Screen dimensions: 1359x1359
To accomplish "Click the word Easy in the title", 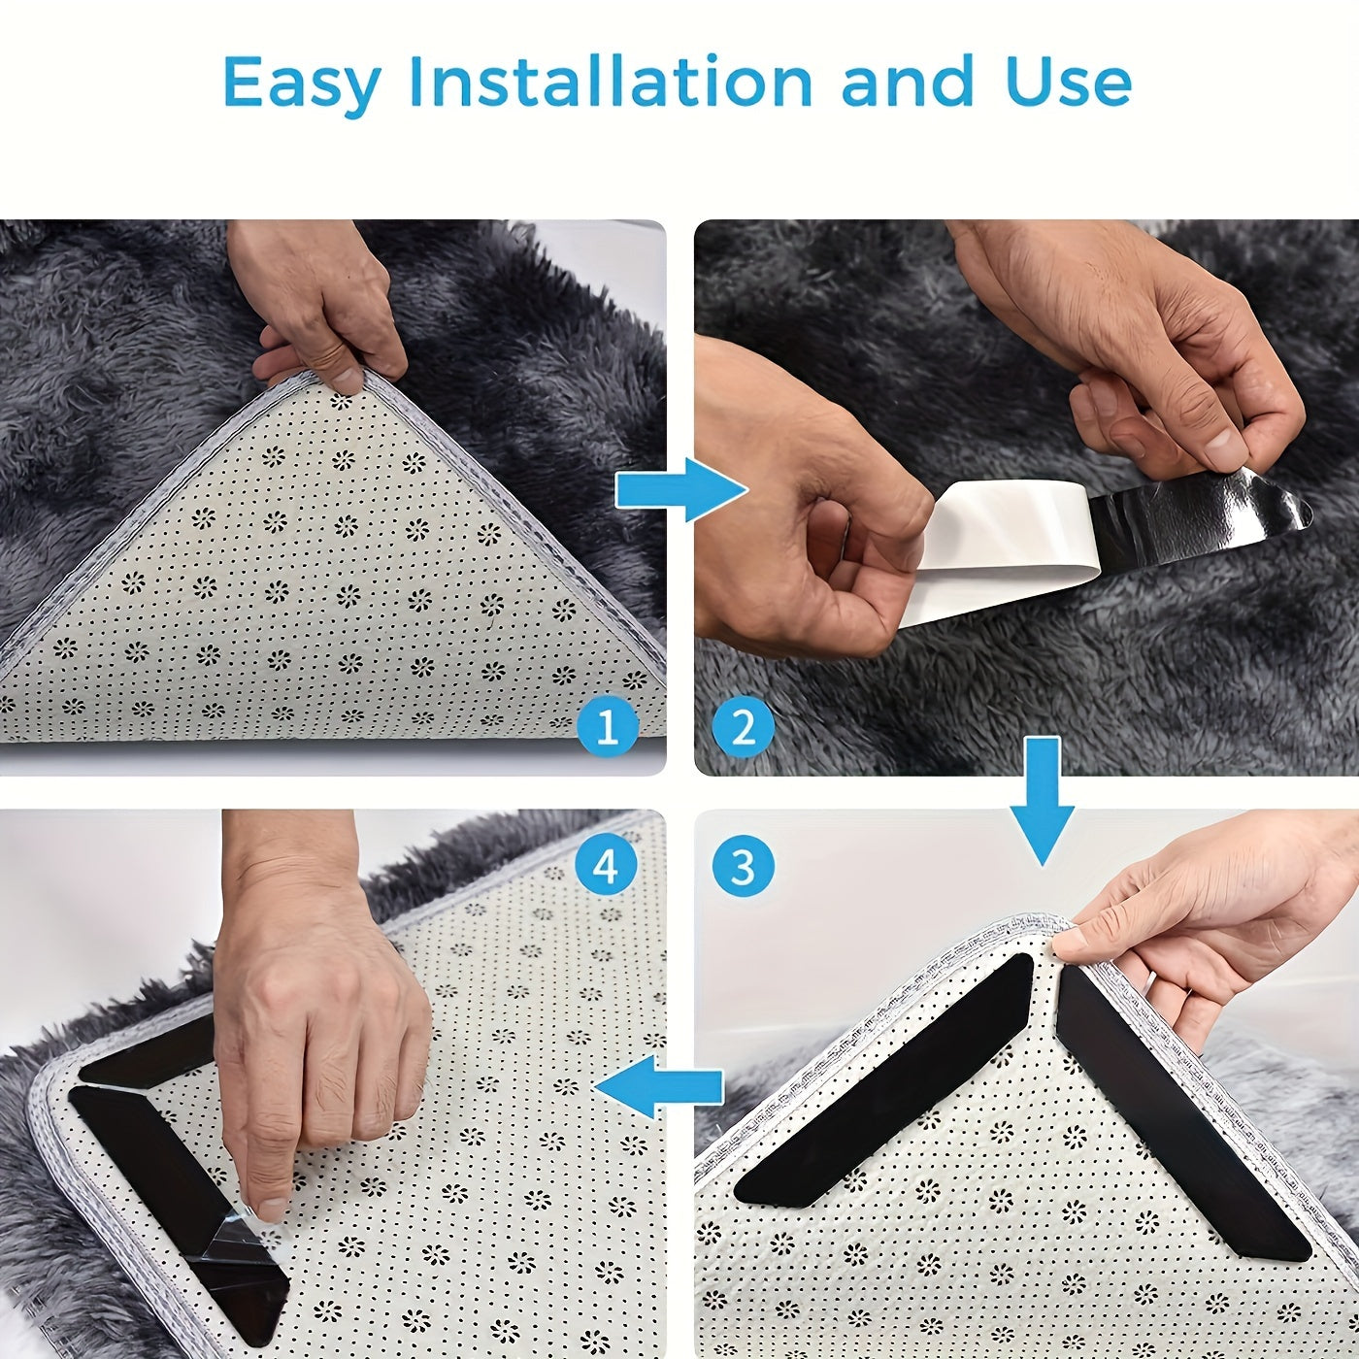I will click(x=301, y=83).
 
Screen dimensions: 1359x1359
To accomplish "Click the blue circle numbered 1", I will click(x=607, y=726).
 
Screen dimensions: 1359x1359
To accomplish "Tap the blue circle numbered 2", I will click(x=743, y=726).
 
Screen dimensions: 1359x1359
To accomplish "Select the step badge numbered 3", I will click(x=743, y=866).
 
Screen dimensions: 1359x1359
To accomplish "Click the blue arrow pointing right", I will click(x=679, y=490).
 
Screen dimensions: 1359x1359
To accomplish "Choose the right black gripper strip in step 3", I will click(x=1179, y=1116).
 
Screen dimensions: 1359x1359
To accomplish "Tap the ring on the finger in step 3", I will click(x=1149, y=982).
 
